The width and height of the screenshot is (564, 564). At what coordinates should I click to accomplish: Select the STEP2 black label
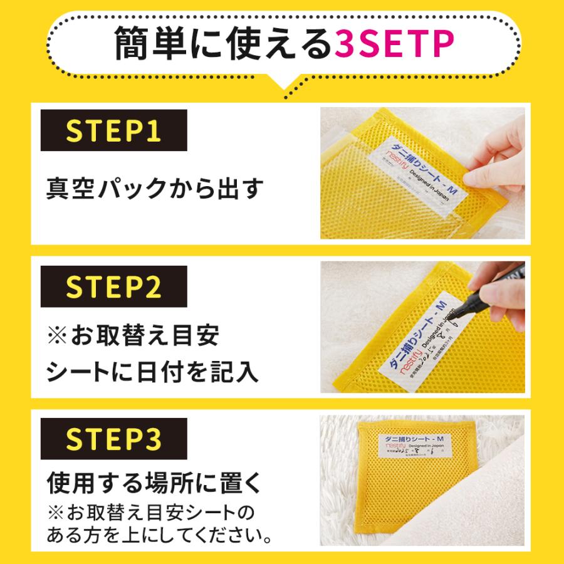pyautogui.click(x=113, y=286)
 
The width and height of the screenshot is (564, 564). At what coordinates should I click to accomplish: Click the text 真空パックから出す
pyautogui.click(x=154, y=188)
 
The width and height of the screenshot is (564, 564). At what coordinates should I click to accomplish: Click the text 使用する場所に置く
pyautogui.click(x=153, y=483)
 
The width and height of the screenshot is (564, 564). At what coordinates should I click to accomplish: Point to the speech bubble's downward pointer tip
pyautogui.click(x=288, y=95)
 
